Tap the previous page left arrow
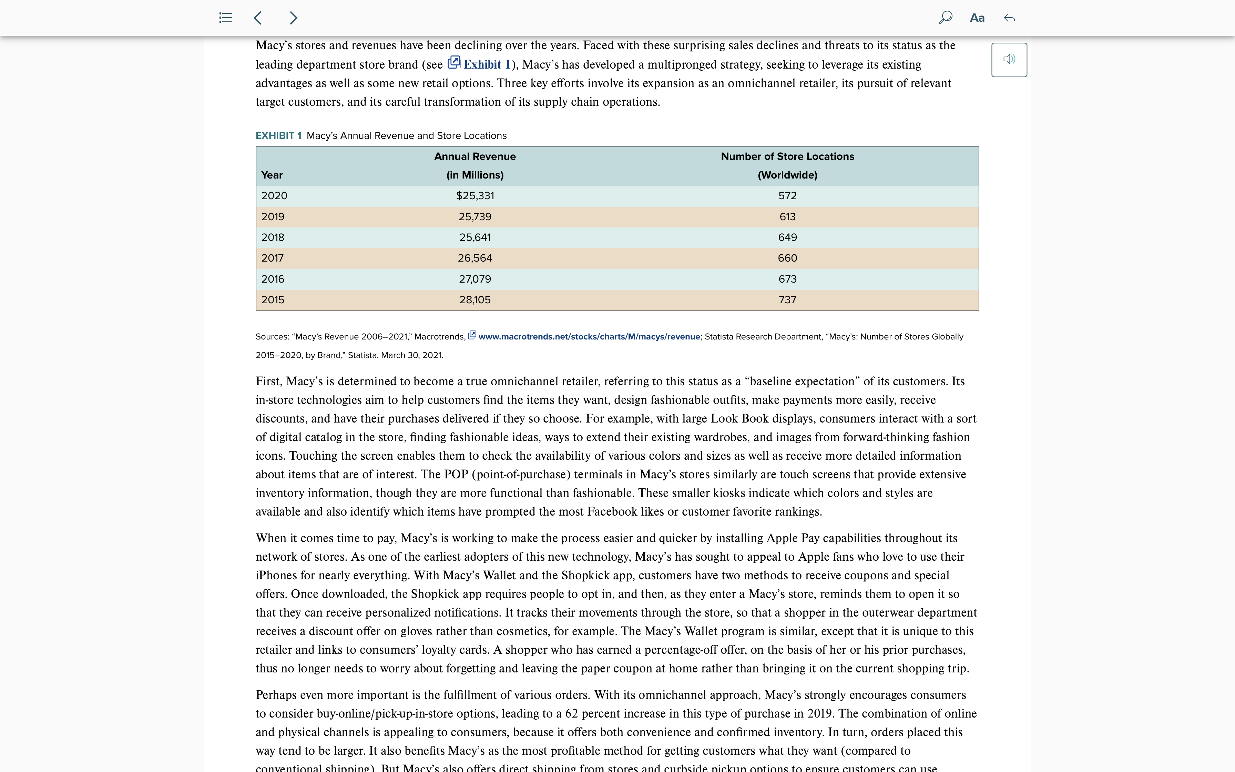coord(258,18)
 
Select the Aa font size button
coord(977,18)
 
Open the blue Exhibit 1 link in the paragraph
coord(486,64)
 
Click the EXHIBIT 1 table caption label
coord(278,136)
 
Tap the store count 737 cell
coord(787,300)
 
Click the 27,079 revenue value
coord(474,279)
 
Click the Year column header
coord(272,175)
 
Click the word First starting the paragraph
coord(268,382)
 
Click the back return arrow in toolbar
coord(1009,18)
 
